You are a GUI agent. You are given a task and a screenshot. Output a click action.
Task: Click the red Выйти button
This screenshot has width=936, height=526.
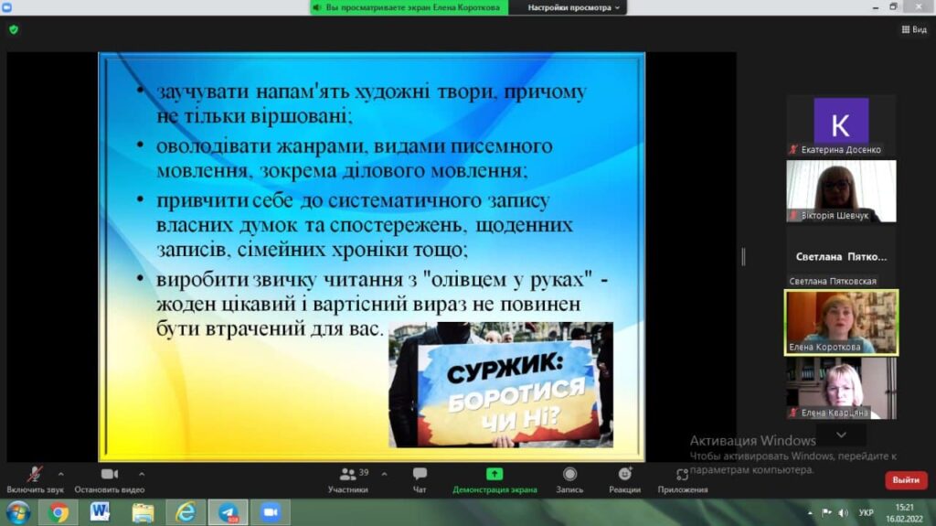[906, 480]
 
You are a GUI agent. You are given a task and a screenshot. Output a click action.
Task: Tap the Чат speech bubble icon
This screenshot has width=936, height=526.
[420, 474]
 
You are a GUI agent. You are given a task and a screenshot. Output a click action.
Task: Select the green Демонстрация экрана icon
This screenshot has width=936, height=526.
[495, 474]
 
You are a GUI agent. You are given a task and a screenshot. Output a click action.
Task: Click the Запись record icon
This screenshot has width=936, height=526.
[569, 474]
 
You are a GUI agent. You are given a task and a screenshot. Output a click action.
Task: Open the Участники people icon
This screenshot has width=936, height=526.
[347, 475]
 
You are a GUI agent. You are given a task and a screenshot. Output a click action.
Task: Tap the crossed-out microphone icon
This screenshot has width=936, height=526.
[35, 474]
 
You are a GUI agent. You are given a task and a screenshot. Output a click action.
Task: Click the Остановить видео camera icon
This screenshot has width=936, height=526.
[110, 474]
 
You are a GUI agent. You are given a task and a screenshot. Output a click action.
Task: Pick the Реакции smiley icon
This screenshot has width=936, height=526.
[625, 474]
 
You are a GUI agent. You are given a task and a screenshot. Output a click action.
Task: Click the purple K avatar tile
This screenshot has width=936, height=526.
[841, 122]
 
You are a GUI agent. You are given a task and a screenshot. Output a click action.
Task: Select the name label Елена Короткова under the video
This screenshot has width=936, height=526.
[824, 347]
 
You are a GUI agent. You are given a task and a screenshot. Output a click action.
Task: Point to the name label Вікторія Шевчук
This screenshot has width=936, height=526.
[835, 215]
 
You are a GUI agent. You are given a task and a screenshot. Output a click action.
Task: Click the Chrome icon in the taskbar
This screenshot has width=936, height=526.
[58, 513]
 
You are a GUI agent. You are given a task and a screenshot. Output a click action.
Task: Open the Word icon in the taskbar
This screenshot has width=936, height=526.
[100, 512]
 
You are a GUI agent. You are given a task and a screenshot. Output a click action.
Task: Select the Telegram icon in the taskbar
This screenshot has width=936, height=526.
[228, 513]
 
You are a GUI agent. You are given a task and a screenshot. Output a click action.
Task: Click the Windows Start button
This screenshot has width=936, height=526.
[18, 513]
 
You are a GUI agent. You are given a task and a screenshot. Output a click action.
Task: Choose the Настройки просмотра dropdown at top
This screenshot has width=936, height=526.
[573, 7]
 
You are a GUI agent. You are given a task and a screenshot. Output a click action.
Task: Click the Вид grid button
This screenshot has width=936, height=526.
[914, 29]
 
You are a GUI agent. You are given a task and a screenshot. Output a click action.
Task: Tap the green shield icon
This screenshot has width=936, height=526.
[14, 29]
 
